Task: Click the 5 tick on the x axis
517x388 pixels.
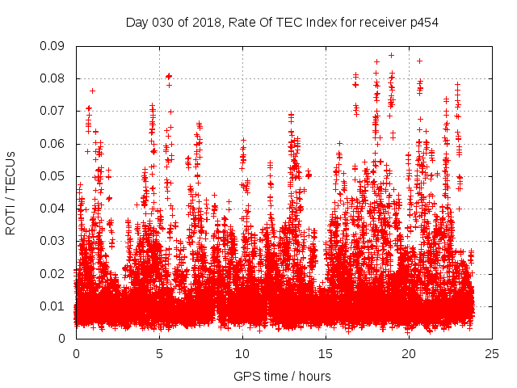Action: (159, 353)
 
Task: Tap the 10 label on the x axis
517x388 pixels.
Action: (242, 353)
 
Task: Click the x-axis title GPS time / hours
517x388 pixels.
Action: (282, 376)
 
